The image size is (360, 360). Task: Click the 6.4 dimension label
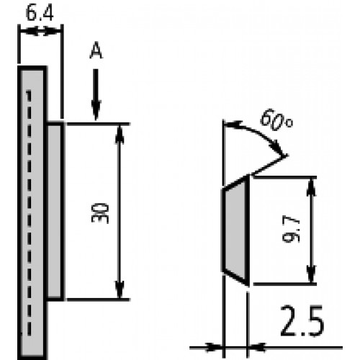pos(40,14)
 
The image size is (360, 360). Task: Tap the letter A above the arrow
pos(96,50)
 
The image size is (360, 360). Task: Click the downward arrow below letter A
pos(96,94)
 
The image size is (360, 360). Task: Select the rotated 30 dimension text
pos(100,213)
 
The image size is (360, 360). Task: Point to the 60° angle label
pos(276,121)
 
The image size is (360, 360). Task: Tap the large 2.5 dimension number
pos(302,320)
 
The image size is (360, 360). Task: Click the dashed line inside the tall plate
pos(29,249)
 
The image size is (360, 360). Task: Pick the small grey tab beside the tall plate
pos(55,211)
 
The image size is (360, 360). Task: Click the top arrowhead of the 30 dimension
pos(120,135)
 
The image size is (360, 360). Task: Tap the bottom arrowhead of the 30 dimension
pos(120,289)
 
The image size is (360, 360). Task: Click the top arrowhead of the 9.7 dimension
pos(311,188)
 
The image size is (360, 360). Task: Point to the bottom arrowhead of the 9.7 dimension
pos(311,274)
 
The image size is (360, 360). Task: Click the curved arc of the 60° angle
pos(257,132)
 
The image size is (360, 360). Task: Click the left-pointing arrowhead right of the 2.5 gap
pos(257,347)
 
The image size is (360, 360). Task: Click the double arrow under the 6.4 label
pos(40,32)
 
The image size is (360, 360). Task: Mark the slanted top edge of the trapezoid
pos(236,183)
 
